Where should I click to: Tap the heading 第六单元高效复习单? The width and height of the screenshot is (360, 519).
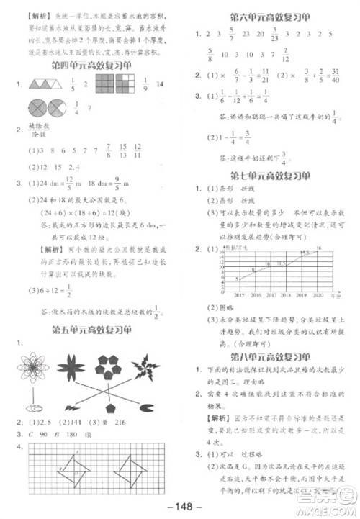(x=269, y=15)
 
